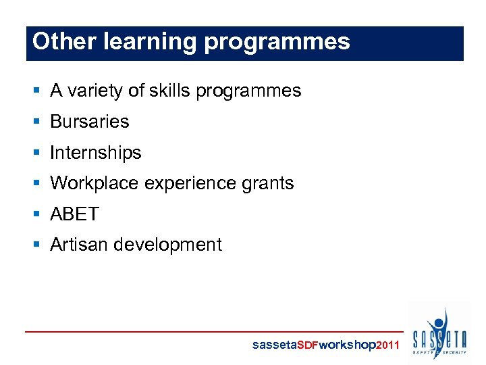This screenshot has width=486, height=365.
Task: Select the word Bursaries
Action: point(89,122)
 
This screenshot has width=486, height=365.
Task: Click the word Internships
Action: point(96,153)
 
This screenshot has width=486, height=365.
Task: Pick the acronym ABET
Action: point(74,214)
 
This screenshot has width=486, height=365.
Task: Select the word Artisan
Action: point(79,245)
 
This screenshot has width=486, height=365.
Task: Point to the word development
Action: point(167,245)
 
